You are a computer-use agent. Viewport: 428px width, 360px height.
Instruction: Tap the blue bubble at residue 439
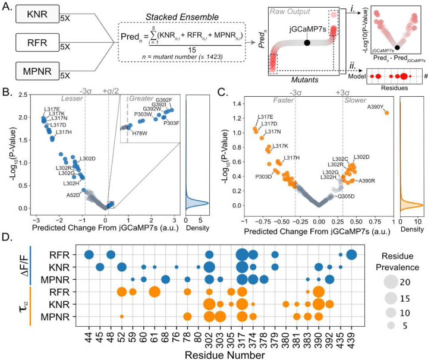[351, 255]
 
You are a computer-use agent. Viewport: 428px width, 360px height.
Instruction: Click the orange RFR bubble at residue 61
[154, 292]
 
